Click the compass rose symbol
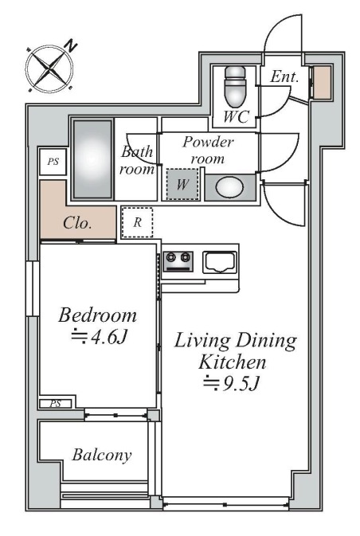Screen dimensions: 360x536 (50, 68)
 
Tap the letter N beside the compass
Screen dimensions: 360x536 (72, 45)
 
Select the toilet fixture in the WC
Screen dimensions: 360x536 (235, 87)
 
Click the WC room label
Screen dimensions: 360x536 (237, 117)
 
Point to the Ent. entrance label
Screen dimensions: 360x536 (284, 76)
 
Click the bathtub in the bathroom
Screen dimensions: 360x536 (93, 159)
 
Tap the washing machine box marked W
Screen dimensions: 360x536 (182, 184)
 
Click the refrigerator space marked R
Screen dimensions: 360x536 (138, 222)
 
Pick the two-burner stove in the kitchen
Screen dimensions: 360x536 (178, 261)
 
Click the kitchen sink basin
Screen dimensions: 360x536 (220, 263)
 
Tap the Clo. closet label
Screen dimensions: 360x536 (77, 223)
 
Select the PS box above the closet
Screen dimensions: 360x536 (53, 162)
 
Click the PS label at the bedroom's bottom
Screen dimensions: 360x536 (56, 404)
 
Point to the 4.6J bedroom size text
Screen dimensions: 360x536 (100, 337)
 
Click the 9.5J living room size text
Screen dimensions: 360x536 (232, 383)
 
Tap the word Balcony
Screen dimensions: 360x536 (102, 456)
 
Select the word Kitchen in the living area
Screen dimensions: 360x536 (232, 362)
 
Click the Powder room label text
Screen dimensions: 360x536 (208, 151)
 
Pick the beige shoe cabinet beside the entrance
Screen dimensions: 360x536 (323, 82)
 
